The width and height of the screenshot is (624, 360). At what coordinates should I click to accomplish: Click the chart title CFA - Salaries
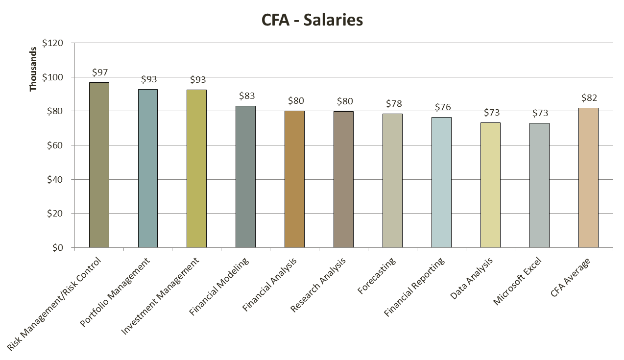(x=312, y=20)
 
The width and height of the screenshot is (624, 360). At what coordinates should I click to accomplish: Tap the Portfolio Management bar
(x=148, y=168)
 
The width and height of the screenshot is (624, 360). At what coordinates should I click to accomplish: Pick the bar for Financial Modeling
(x=245, y=177)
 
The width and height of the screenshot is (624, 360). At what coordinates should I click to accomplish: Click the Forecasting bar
(x=392, y=181)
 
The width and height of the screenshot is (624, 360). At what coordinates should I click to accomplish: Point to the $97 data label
(x=100, y=72)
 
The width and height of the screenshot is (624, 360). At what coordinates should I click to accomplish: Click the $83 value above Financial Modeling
(x=247, y=96)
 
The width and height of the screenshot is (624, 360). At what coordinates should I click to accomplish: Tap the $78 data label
(x=394, y=104)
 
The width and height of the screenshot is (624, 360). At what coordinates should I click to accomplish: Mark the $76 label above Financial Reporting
(x=443, y=107)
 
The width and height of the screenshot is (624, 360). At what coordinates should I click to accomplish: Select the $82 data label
(x=589, y=97)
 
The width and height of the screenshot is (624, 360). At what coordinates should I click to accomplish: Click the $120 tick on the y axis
(x=52, y=43)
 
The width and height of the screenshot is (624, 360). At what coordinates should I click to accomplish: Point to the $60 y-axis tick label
(x=54, y=145)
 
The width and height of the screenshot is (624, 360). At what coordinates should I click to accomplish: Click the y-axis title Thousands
(x=33, y=69)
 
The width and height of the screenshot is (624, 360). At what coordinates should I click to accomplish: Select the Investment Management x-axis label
(x=162, y=296)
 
